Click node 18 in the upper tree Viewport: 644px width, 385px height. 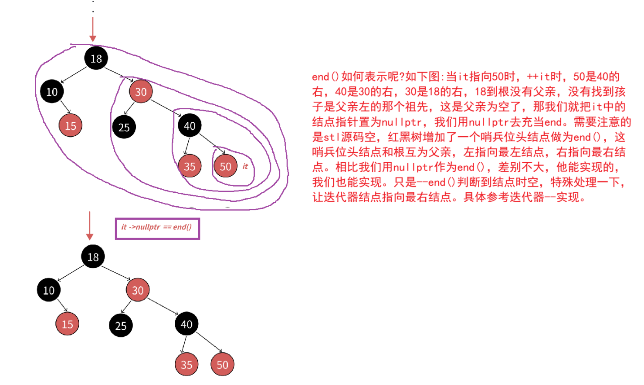click(x=96, y=58)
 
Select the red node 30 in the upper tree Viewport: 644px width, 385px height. click(x=141, y=92)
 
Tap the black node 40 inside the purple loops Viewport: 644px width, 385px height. click(x=190, y=126)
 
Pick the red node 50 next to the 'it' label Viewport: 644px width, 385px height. click(x=225, y=166)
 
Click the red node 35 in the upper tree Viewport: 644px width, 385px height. click(x=190, y=166)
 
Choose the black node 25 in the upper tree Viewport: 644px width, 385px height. click(x=124, y=127)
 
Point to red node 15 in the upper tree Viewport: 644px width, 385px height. click(x=71, y=126)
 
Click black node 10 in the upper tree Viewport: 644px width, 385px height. click(x=52, y=92)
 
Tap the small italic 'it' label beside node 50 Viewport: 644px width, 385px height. click(x=245, y=166)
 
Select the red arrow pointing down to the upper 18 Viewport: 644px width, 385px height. click(x=93, y=30)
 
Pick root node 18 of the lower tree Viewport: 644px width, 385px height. click(x=93, y=257)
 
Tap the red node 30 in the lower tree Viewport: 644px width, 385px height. click(x=138, y=290)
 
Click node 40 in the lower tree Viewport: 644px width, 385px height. click(x=186, y=324)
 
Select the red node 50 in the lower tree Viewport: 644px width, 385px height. click(x=222, y=365)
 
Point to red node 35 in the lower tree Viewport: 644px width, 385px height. click(x=186, y=365)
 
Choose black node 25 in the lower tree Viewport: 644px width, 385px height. click(x=121, y=325)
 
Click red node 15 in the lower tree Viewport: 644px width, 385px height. click(x=68, y=324)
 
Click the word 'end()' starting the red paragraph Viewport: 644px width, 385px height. click(x=325, y=77)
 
